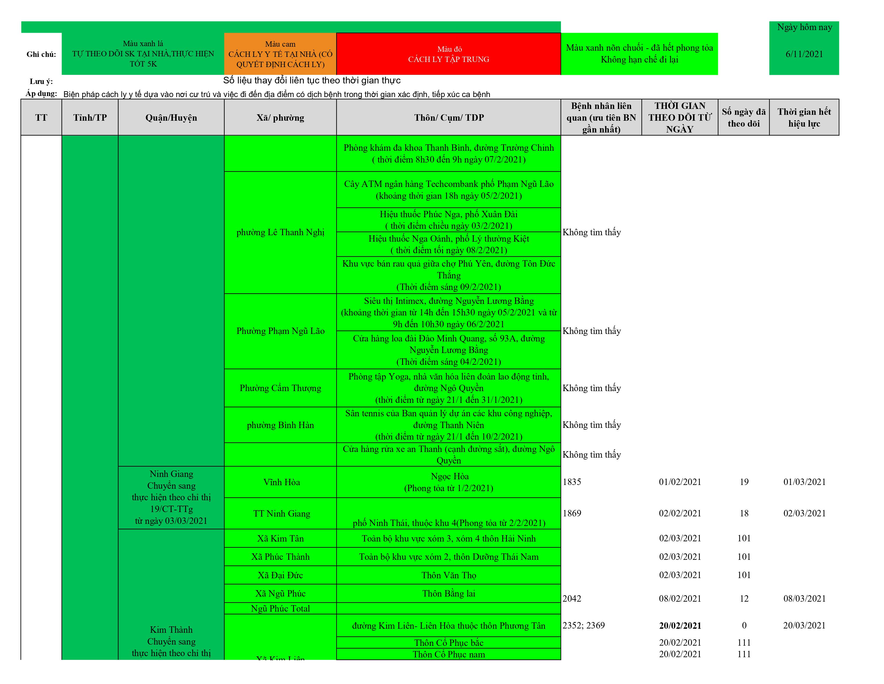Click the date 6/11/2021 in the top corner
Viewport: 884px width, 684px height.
(x=804, y=54)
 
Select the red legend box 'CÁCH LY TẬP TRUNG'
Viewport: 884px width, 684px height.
(x=448, y=54)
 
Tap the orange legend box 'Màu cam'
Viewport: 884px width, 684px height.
(x=280, y=54)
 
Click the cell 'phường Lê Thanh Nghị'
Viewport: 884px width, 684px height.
(x=280, y=232)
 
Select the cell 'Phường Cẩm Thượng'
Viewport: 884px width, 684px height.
(x=280, y=388)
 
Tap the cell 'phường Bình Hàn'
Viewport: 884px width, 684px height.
(x=280, y=425)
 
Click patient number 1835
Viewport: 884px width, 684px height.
(x=572, y=482)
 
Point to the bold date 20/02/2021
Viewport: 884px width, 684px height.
(x=680, y=626)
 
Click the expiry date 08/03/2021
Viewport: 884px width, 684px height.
(x=804, y=598)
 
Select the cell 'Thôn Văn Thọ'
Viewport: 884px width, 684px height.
(x=448, y=575)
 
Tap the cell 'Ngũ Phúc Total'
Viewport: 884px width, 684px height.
(x=280, y=609)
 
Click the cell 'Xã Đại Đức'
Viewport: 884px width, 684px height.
(x=280, y=575)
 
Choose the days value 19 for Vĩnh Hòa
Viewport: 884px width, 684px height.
(x=744, y=482)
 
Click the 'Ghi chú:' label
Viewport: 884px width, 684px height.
(x=41, y=54)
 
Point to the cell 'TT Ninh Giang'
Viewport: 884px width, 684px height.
(x=281, y=513)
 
